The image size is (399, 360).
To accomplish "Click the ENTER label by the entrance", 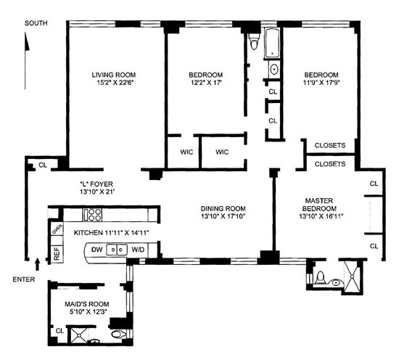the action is coord(24,279).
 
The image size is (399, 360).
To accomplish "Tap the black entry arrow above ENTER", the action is coord(38,264).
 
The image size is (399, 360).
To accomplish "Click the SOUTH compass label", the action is coord(36,23).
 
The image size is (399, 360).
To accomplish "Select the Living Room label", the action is coord(113,75).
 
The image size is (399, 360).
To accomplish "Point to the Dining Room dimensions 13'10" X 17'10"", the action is coord(223,216).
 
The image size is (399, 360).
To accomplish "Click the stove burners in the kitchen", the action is coord(93,215).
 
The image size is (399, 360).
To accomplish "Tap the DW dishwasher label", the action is coord(96,250).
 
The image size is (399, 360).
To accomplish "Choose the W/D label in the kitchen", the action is coord(138,250).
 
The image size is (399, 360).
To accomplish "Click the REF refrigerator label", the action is coord(57,253).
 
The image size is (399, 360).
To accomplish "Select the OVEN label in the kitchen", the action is coord(57,229).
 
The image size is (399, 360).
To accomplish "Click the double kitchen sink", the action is coord(117,250).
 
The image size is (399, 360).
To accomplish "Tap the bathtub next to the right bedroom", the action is coord(272,44).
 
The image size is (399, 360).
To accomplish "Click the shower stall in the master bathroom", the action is coord(352,276).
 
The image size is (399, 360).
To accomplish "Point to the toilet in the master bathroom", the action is coord(320,278).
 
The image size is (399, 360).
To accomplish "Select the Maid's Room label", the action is coord(87,304).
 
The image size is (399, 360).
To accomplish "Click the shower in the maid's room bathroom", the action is coord(78,336).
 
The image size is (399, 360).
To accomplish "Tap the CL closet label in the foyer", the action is coord(43,165).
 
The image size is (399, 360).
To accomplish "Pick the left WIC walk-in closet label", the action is coord(186,152).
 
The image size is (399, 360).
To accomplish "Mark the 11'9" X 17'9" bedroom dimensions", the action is coord(321,83).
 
